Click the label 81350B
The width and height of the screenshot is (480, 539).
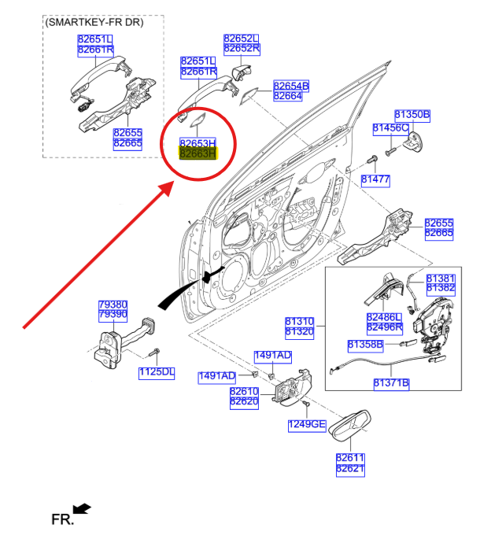[x=412, y=115]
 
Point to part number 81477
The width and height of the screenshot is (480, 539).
[x=375, y=180]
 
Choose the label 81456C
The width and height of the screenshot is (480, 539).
[x=390, y=127]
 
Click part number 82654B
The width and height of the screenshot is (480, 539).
[x=291, y=85]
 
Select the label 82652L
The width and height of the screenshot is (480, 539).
[x=242, y=38]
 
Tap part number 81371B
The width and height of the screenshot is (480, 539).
[x=391, y=383]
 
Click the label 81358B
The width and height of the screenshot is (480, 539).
[x=365, y=345]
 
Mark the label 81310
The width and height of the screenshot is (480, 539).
[x=299, y=322]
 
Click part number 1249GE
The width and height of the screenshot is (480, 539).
[x=307, y=425]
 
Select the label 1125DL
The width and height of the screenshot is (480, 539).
[x=157, y=372]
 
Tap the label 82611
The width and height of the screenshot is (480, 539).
[x=350, y=457]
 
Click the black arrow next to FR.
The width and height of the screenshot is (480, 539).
[x=82, y=509]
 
